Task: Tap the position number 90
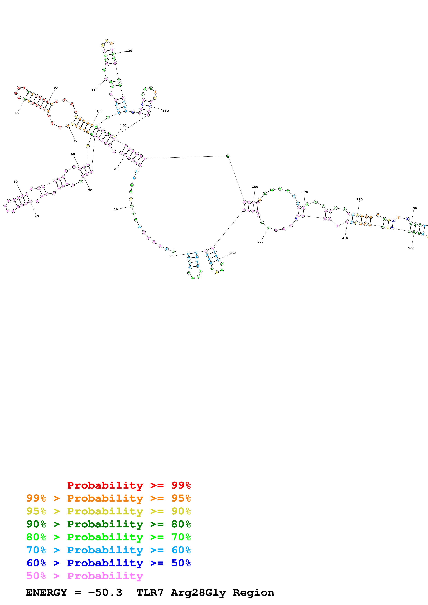coord(56,88)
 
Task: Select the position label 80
coord(17,113)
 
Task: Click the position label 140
coord(165,111)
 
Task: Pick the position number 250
coord(172,256)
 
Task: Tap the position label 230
coord(233,253)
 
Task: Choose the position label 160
coord(255,187)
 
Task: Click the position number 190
coord(414,208)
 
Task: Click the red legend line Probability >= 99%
coord(129,485)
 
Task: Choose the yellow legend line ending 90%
coord(108,511)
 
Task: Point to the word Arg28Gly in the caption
coord(198,592)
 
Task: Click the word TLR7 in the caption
coord(150,592)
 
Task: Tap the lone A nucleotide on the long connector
coord(228,156)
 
